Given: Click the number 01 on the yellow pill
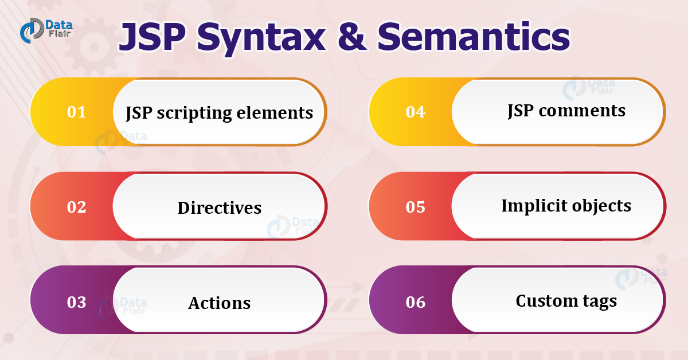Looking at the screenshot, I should [76, 112].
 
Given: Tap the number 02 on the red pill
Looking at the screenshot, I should [76, 206].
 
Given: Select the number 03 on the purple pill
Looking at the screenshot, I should [76, 302].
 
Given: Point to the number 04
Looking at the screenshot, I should [415, 112].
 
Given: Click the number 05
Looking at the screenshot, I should [415, 206].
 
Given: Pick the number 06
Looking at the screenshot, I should [415, 302].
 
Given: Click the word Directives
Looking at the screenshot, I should [220, 208].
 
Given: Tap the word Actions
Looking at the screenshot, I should [220, 303].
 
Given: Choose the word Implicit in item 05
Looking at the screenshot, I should [530, 206].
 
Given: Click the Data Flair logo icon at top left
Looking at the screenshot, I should [30, 31].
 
